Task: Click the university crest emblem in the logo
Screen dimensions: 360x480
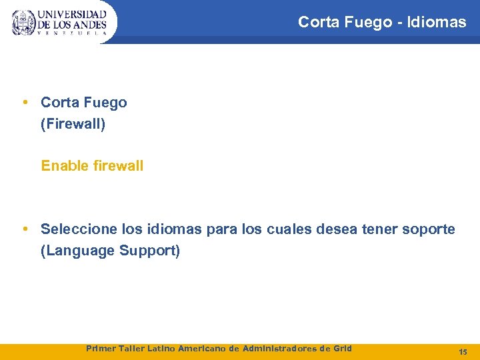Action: [x=23, y=23]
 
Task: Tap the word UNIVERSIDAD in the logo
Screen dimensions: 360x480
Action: [x=72, y=14]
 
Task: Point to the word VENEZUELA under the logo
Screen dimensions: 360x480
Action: [x=72, y=33]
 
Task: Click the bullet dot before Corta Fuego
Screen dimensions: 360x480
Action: [x=25, y=102]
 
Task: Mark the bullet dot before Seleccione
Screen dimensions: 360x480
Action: [x=25, y=229]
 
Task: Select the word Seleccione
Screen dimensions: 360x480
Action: [x=79, y=229]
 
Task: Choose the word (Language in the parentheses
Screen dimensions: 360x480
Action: [x=76, y=251]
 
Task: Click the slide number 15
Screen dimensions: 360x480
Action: [x=463, y=351]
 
